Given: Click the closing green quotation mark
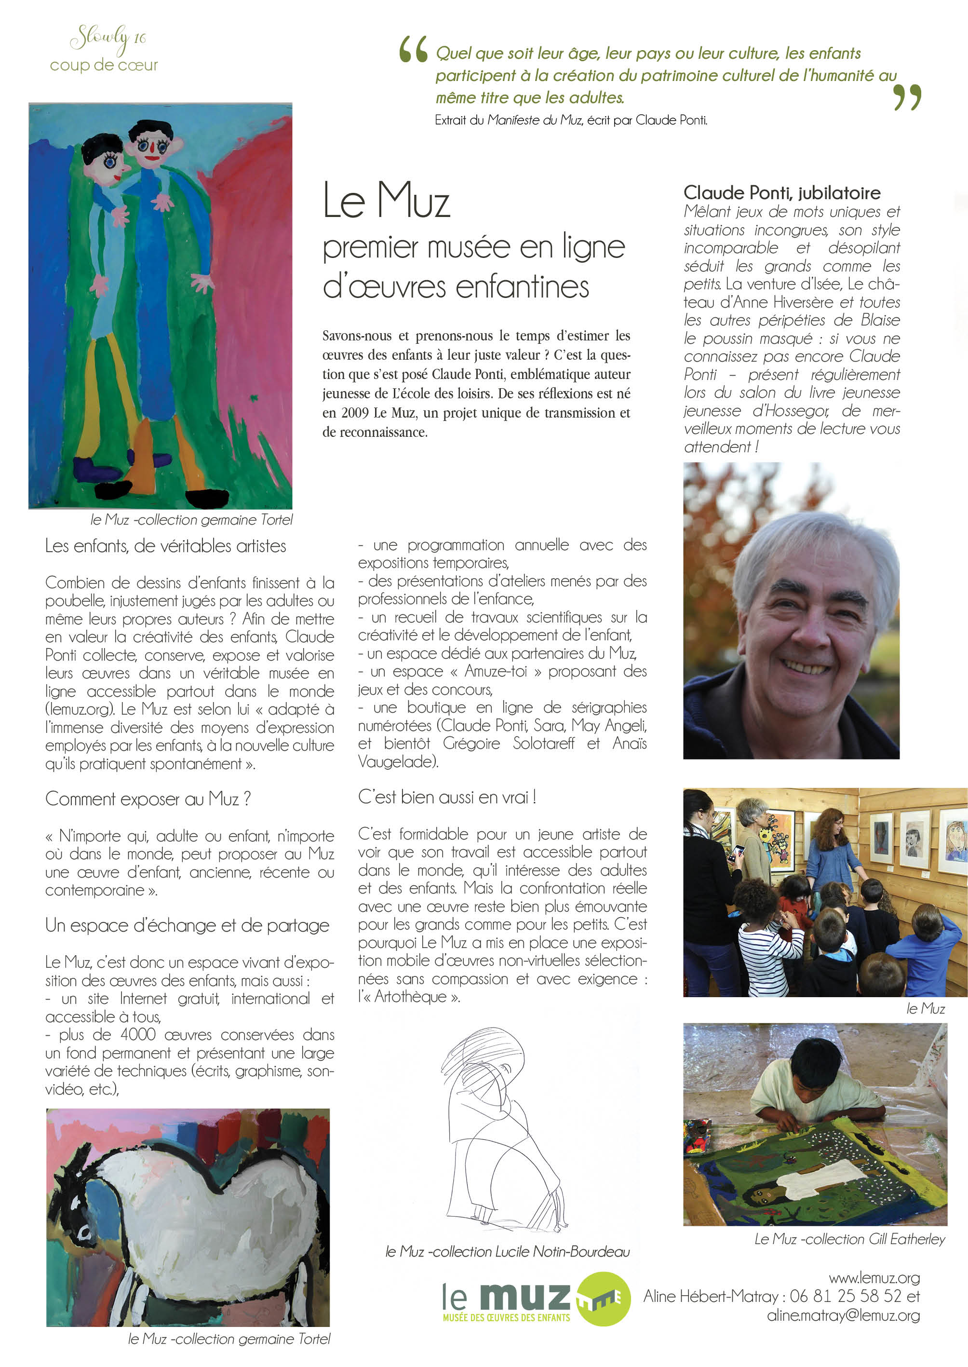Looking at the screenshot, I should (907, 97).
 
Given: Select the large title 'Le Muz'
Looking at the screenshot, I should (386, 201).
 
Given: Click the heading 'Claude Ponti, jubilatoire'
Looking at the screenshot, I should (781, 192).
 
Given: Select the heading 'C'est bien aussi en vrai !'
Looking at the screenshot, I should (446, 797).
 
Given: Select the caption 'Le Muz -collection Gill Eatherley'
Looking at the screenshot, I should (849, 1239).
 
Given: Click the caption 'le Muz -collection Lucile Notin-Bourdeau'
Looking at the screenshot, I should (507, 1251).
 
